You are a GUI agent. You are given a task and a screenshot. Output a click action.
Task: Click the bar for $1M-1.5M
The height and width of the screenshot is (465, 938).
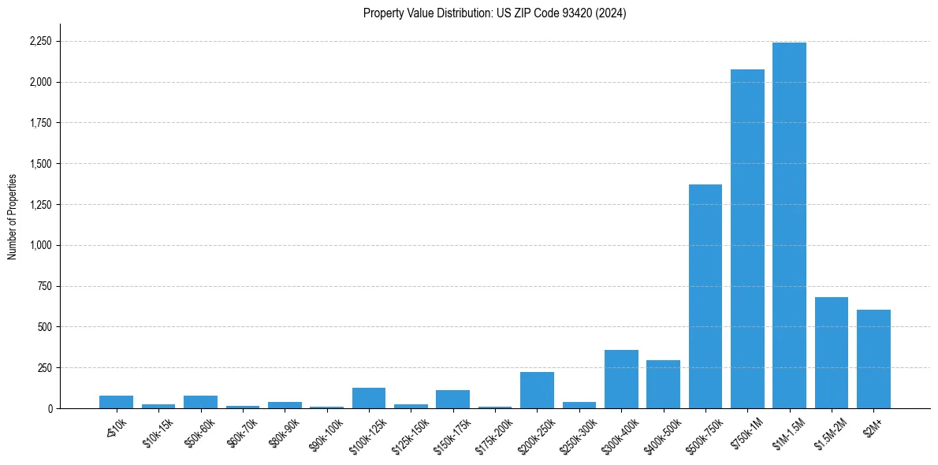click(789, 225)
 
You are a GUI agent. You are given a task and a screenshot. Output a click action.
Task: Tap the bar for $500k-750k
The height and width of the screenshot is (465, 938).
click(705, 296)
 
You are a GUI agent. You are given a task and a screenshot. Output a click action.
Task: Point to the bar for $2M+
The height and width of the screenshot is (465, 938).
click(873, 359)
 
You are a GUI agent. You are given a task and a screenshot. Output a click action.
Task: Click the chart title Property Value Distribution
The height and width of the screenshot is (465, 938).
click(495, 13)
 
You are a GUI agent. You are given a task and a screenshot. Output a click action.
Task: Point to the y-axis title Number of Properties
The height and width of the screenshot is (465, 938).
click(13, 217)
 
